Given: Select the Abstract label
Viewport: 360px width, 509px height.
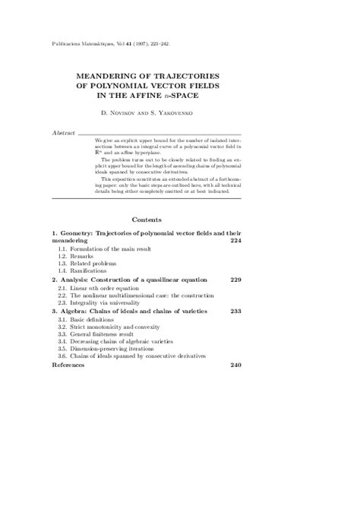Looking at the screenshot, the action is point(63,132).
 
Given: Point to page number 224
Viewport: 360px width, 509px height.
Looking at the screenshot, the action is point(235,240).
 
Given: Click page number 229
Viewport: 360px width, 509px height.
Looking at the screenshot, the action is point(235,280).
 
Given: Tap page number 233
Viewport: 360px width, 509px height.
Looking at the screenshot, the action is point(235,311).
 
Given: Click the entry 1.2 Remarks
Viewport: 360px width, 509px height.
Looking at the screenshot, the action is point(77,257).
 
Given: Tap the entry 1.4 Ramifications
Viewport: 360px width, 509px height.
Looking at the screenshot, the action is point(83,271).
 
